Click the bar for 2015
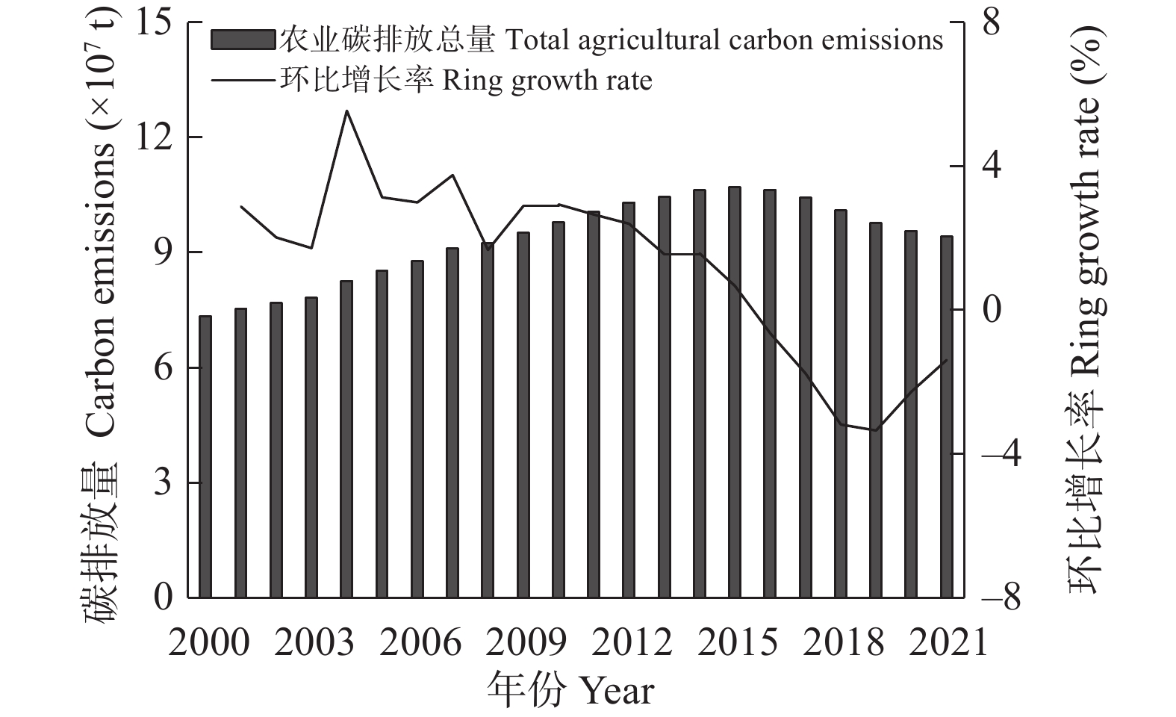point(735,392)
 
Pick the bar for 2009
point(523,415)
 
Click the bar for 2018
point(841,404)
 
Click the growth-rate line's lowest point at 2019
point(875,430)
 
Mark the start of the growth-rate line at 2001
point(240,206)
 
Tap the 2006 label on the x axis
point(420,642)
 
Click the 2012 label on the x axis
point(632,642)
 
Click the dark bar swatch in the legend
point(243,40)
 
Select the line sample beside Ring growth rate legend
point(243,80)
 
